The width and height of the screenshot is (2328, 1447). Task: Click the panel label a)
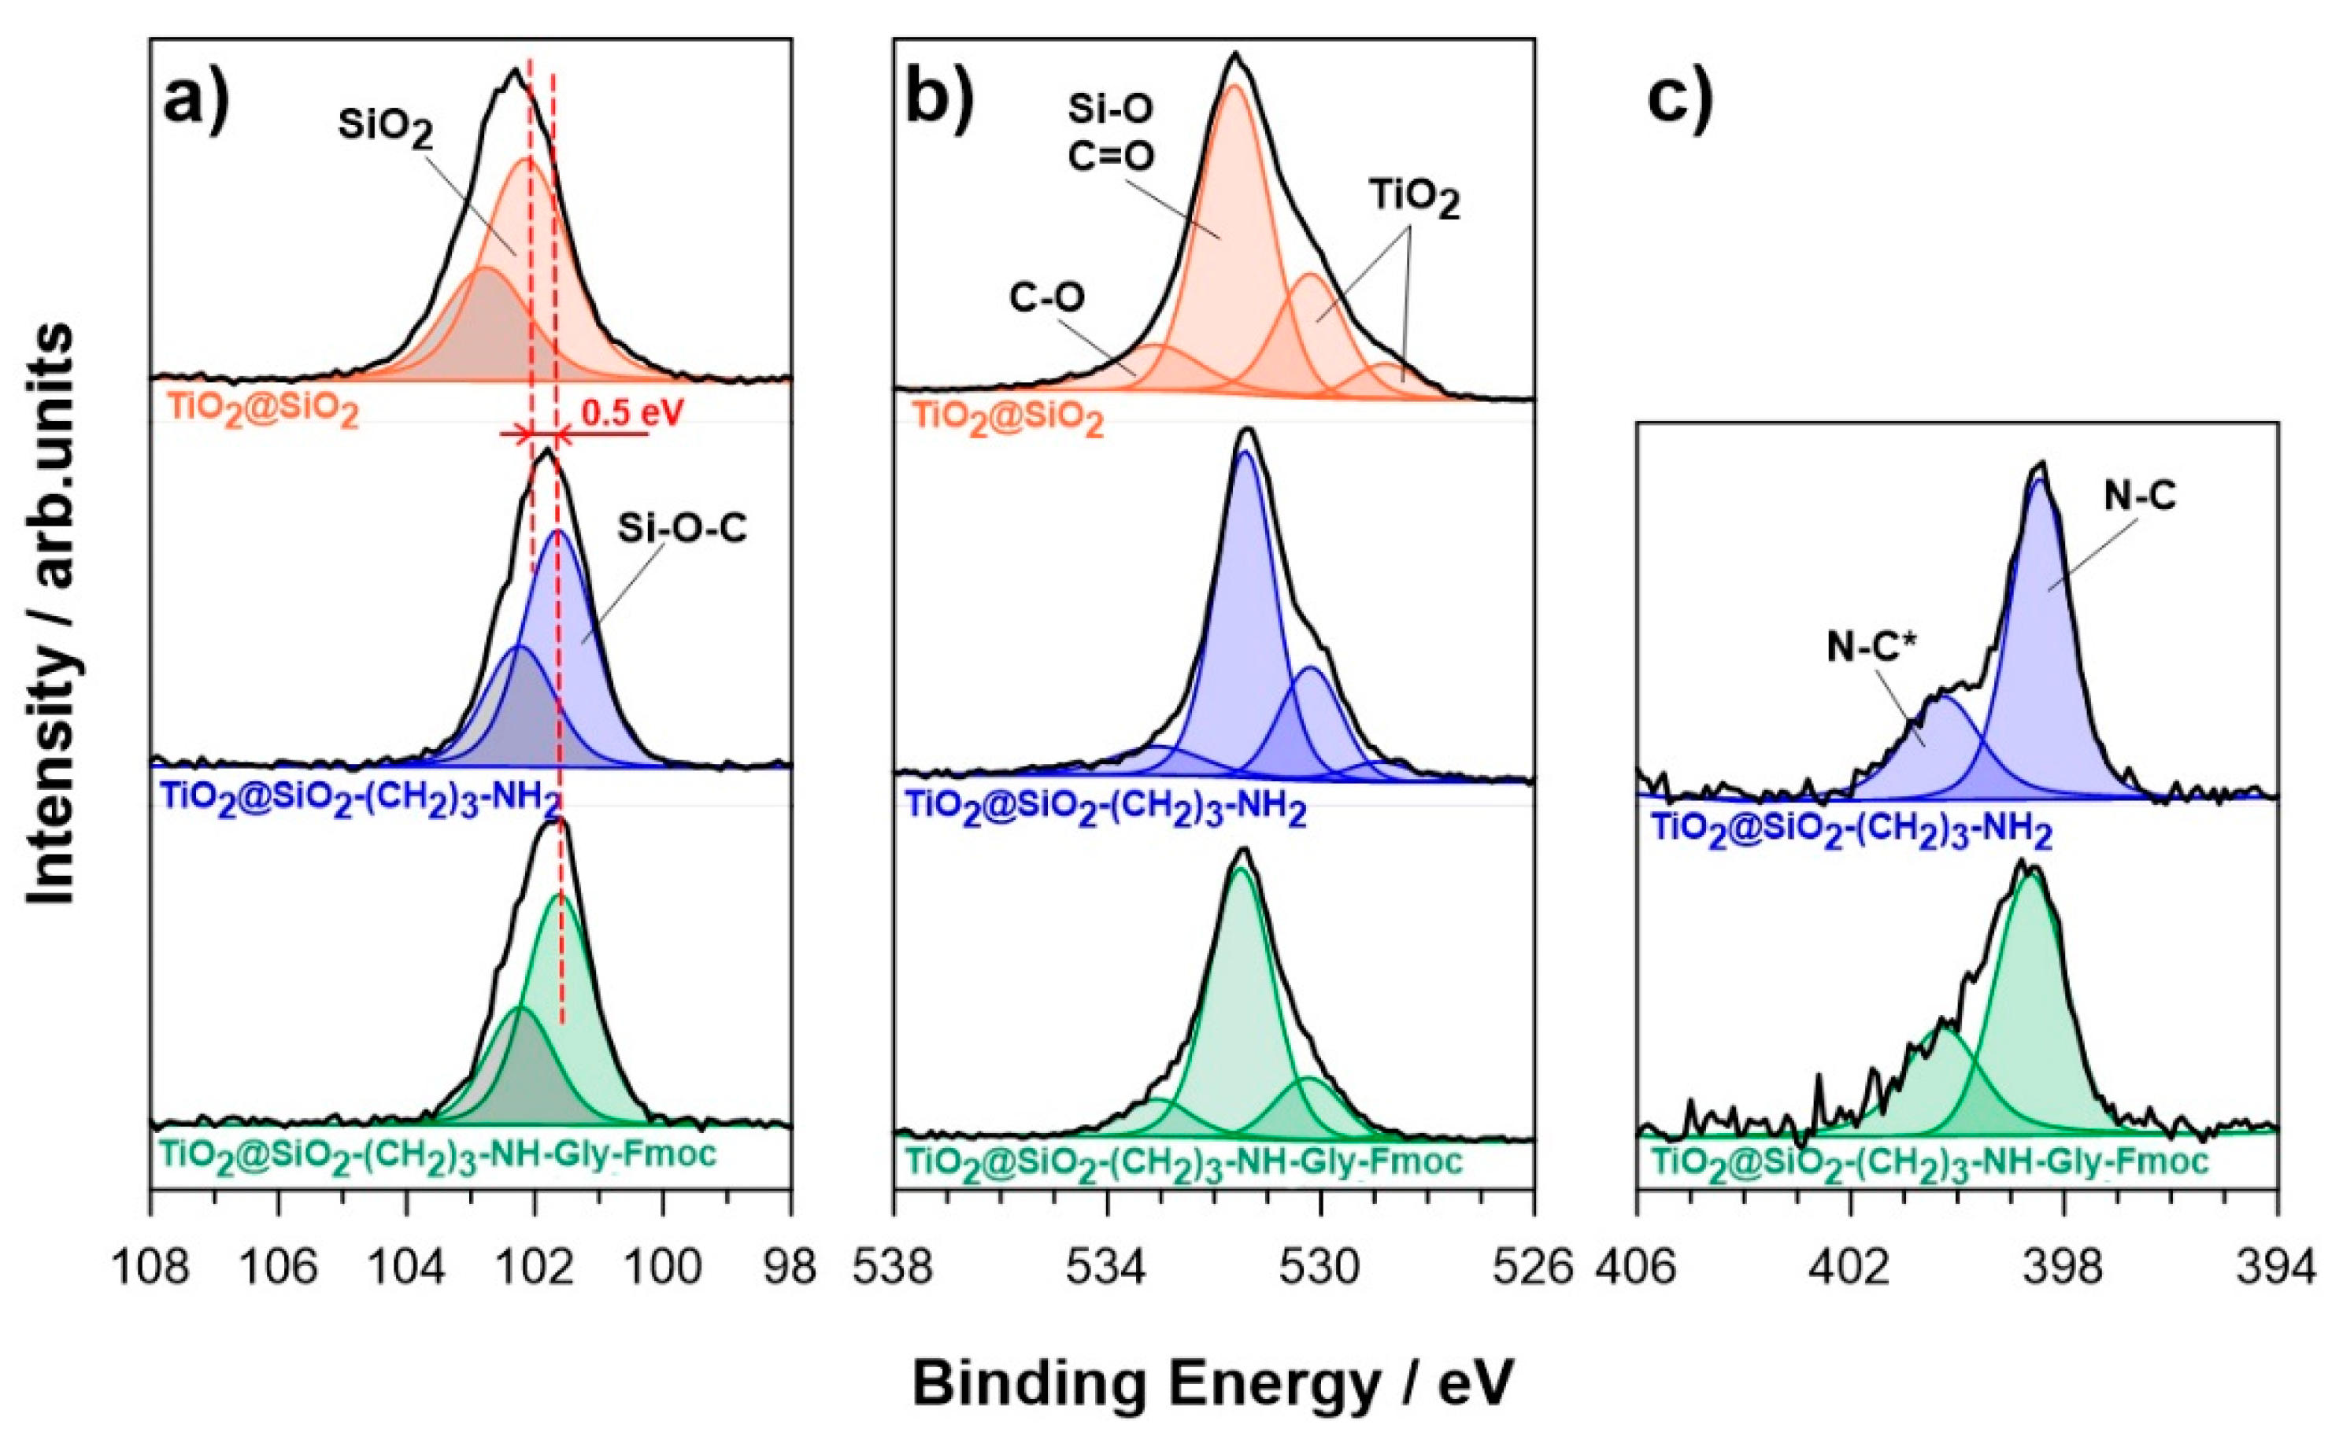(x=196, y=98)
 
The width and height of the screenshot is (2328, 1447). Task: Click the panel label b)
(x=938, y=98)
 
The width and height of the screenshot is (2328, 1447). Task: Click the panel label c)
(x=1680, y=98)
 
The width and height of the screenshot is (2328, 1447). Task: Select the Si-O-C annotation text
(x=682, y=528)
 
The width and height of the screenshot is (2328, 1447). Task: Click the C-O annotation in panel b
(x=1046, y=297)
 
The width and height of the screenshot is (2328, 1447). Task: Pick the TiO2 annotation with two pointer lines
(x=1415, y=199)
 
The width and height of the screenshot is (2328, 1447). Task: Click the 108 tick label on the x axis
(x=150, y=1268)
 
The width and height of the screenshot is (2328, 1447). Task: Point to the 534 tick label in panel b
(x=1108, y=1268)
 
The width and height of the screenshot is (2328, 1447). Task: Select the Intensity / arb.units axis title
(x=50, y=612)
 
